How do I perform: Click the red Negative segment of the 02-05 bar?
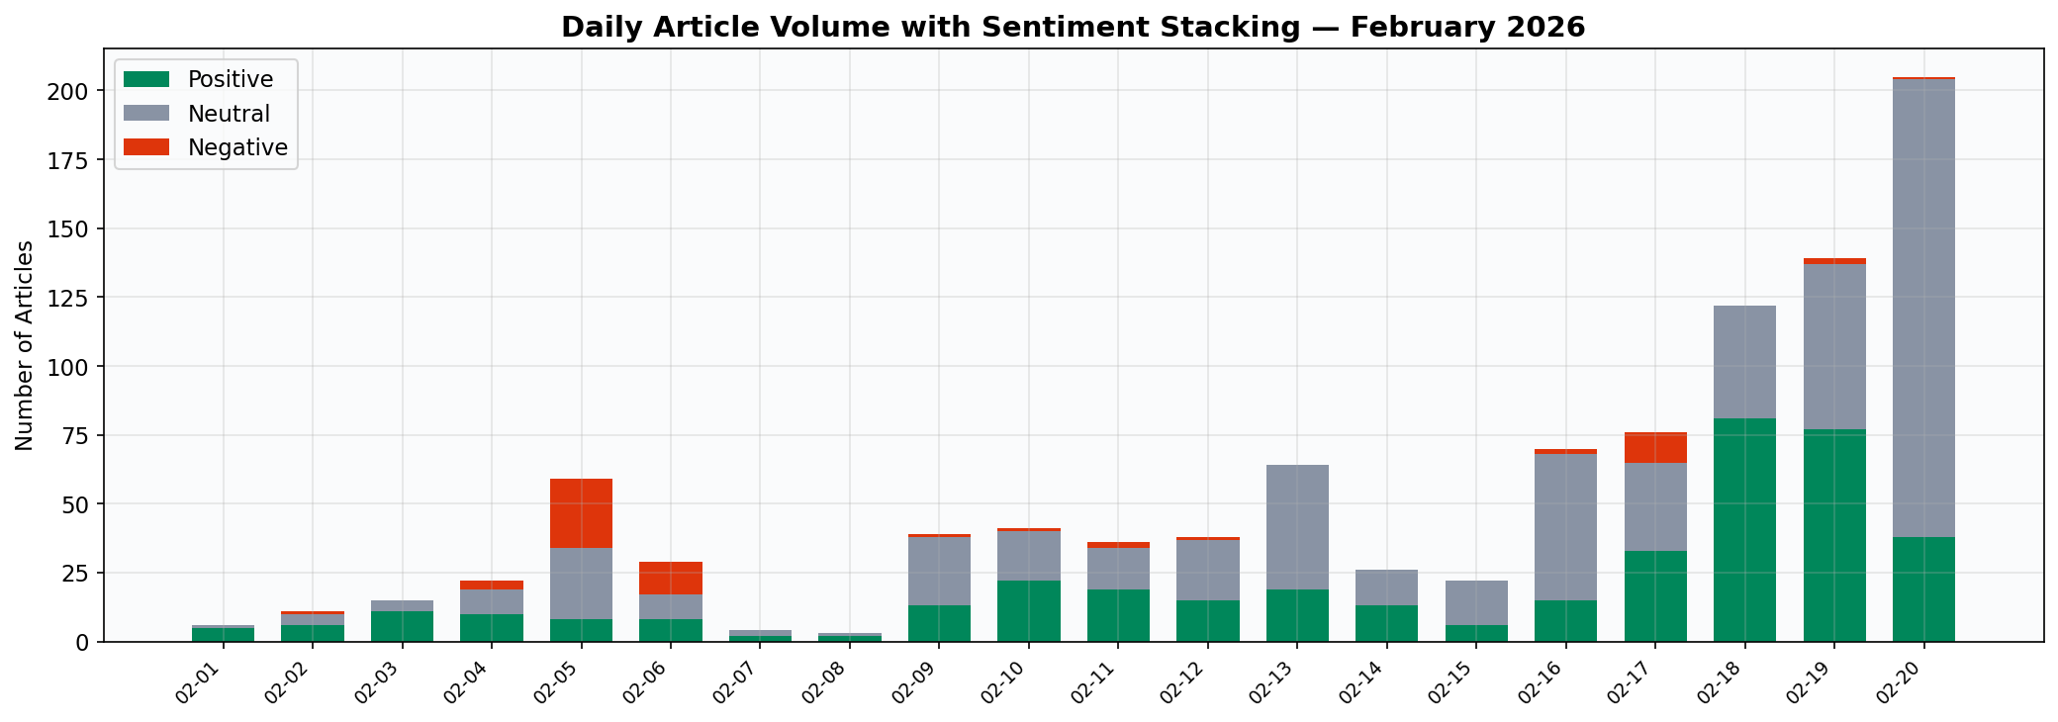click(x=581, y=513)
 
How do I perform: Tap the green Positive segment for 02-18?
click(x=1744, y=530)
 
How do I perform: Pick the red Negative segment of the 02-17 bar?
click(x=1655, y=448)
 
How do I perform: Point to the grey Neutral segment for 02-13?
click(x=1297, y=527)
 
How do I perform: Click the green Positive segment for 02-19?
click(x=1834, y=535)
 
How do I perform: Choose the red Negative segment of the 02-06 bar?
click(x=671, y=579)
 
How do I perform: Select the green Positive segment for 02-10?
click(x=1029, y=611)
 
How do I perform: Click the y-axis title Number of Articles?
click(x=25, y=345)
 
